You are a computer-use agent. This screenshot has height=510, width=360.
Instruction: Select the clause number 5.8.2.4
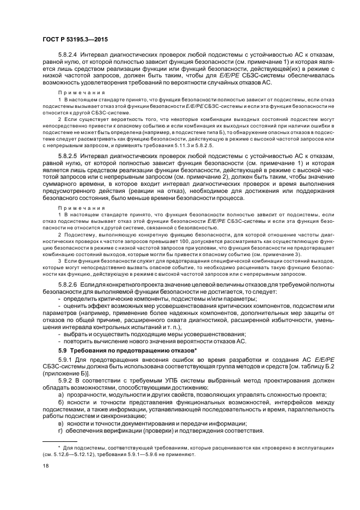pos(69,55)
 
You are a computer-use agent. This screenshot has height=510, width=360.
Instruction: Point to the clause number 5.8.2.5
pos(69,156)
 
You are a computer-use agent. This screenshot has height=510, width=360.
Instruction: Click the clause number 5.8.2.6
pos(69,284)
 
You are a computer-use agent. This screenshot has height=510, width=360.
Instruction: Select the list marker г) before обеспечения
pos(61,430)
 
